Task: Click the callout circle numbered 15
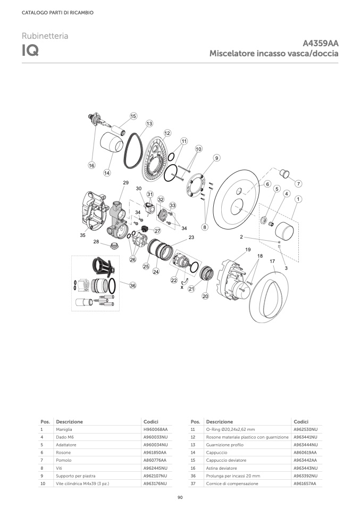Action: [133, 116]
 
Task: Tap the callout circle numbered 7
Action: [298, 183]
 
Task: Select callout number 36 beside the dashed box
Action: [132, 286]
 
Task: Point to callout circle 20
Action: [205, 296]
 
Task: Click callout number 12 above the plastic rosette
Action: [168, 133]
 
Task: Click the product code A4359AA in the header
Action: [320, 43]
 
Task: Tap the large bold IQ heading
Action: [30, 50]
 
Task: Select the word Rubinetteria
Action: [45, 36]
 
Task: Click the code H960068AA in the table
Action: [156, 429]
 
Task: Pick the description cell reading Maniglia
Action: [64, 429]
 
